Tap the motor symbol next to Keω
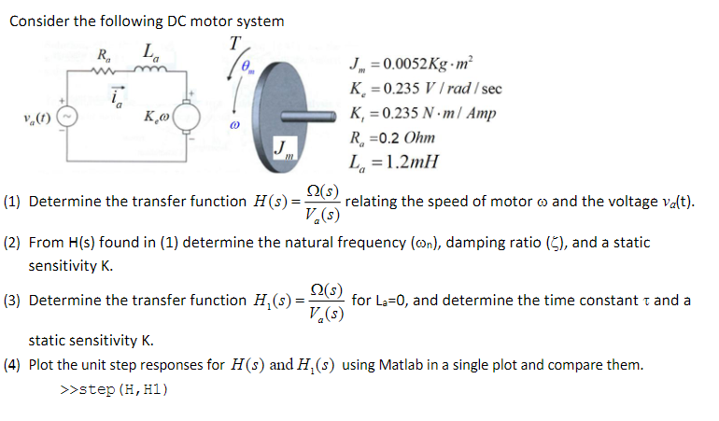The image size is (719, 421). click(x=184, y=119)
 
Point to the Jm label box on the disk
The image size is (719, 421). click(x=284, y=150)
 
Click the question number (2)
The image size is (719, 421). click(x=13, y=243)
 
